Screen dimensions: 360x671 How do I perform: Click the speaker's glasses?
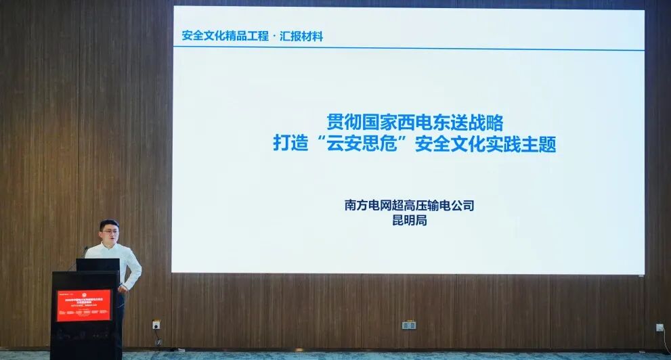108,234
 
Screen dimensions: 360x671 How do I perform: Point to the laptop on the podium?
98,265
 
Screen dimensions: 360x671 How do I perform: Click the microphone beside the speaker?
84,252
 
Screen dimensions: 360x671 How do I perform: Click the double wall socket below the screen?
408,325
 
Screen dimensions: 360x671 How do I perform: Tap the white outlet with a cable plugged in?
659,328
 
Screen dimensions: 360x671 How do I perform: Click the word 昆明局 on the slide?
410,220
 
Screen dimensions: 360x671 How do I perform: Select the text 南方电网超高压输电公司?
409,205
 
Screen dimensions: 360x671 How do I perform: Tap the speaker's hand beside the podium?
123,288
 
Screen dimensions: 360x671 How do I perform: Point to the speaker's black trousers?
121,325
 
